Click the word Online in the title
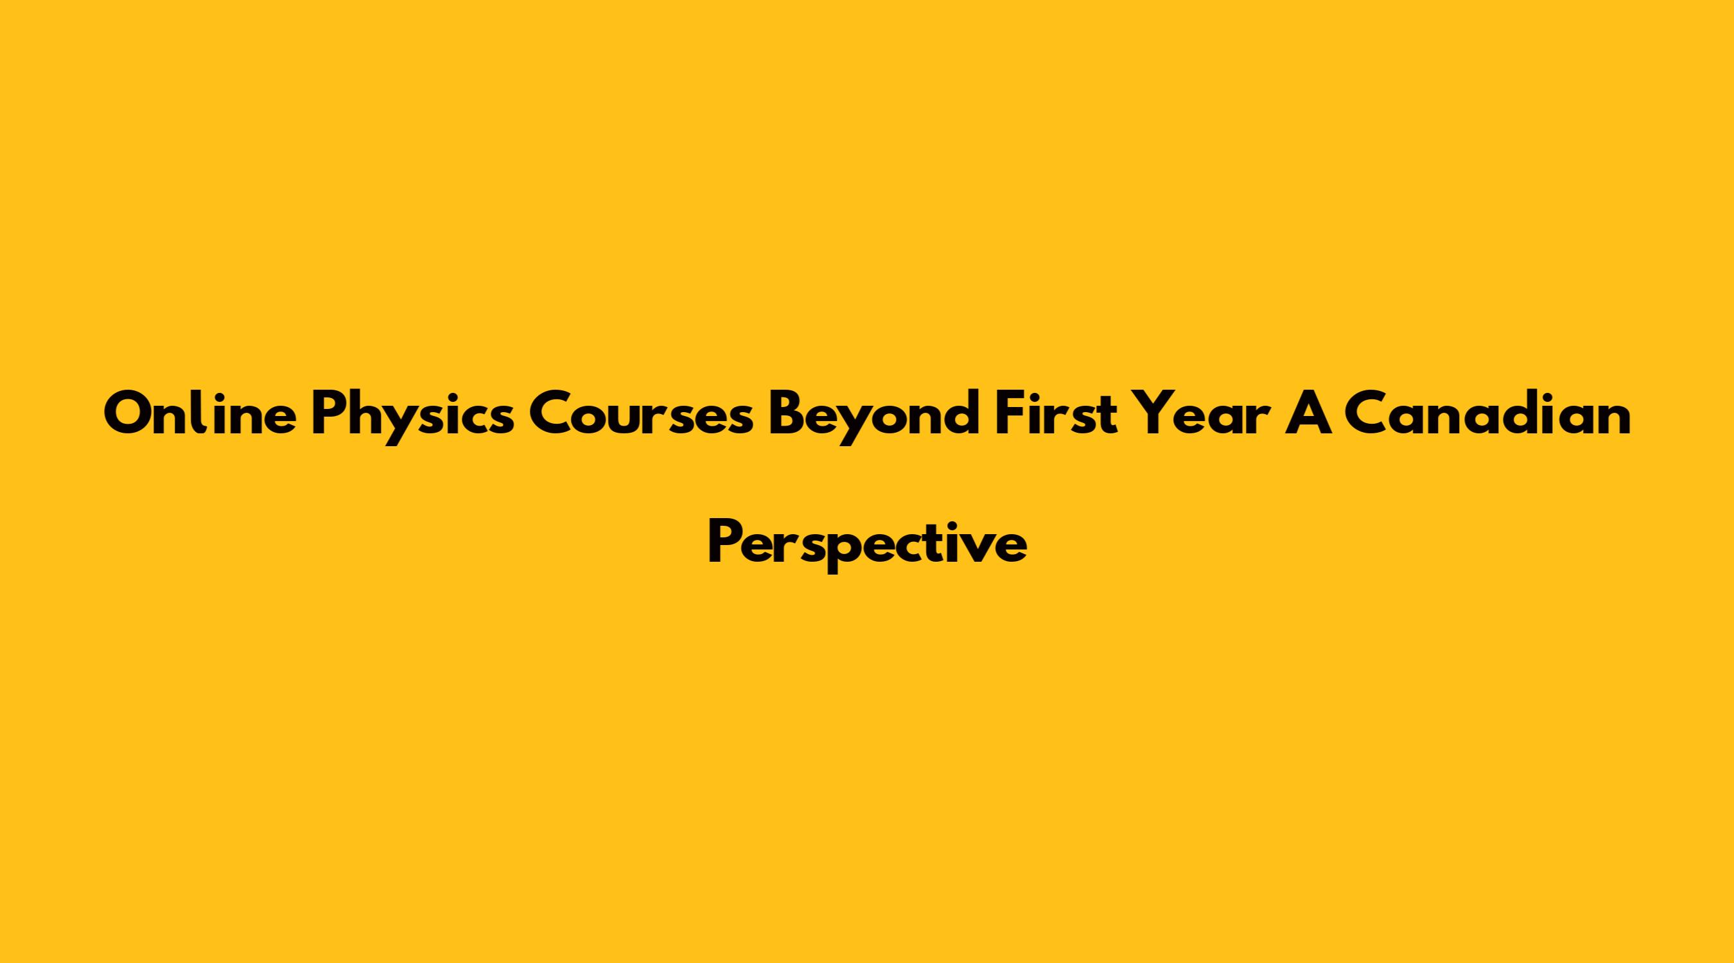(200, 413)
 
